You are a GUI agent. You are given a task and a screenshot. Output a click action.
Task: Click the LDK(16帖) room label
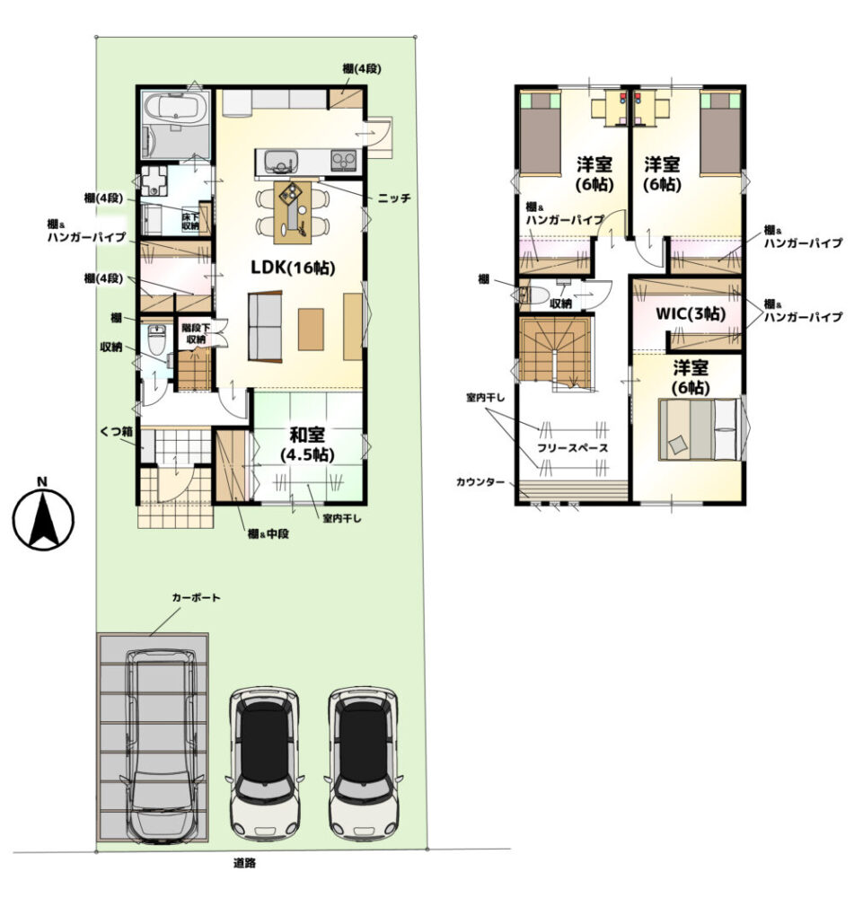pos(292,267)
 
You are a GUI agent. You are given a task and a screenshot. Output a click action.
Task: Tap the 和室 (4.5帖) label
pos(307,445)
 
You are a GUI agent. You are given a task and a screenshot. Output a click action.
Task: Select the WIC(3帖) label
pos(691,313)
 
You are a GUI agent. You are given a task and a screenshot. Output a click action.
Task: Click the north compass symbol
pos(43,515)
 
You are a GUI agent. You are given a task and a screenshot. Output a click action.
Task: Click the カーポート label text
pos(196,597)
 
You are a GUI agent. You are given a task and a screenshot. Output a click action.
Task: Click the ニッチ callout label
pos(394,198)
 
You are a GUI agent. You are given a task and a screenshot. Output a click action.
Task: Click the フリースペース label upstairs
pos(572,448)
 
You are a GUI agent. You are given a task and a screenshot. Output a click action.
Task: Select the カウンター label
pos(480,482)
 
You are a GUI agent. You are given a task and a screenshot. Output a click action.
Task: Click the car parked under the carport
pos(163,745)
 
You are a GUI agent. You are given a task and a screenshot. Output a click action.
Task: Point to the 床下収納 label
pos(190,222)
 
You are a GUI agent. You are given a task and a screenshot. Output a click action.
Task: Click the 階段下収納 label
pos(196,334)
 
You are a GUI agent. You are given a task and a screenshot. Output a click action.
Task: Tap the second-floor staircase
pos(555,355)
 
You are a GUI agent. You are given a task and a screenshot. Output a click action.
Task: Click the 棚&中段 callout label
pos(269,533)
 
